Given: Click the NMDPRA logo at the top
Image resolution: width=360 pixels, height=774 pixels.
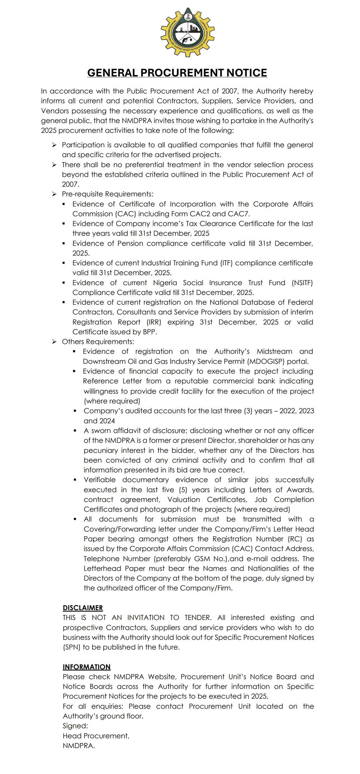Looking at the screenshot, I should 188,32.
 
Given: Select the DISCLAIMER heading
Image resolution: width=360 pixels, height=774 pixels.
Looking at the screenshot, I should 83,607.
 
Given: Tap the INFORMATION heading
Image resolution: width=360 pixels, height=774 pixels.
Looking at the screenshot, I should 87,667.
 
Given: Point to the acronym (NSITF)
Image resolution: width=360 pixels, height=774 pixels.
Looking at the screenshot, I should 302,283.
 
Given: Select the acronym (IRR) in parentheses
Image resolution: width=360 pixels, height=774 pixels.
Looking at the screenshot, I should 154,322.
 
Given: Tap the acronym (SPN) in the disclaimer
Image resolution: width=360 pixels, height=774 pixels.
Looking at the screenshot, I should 71,647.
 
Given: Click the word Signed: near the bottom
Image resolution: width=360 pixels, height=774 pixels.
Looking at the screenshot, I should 75,726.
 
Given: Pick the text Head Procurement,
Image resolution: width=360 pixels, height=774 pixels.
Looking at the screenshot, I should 96,736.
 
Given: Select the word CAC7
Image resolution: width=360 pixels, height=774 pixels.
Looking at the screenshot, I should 239,214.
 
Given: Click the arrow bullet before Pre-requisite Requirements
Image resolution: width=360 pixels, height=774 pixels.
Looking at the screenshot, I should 54,194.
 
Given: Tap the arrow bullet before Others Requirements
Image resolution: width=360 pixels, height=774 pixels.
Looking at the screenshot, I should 54,342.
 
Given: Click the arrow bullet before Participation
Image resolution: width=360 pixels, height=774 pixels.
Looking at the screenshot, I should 54,145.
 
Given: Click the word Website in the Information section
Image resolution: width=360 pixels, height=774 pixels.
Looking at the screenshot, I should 162,677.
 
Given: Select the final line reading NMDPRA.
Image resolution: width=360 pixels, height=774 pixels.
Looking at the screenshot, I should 79,746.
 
